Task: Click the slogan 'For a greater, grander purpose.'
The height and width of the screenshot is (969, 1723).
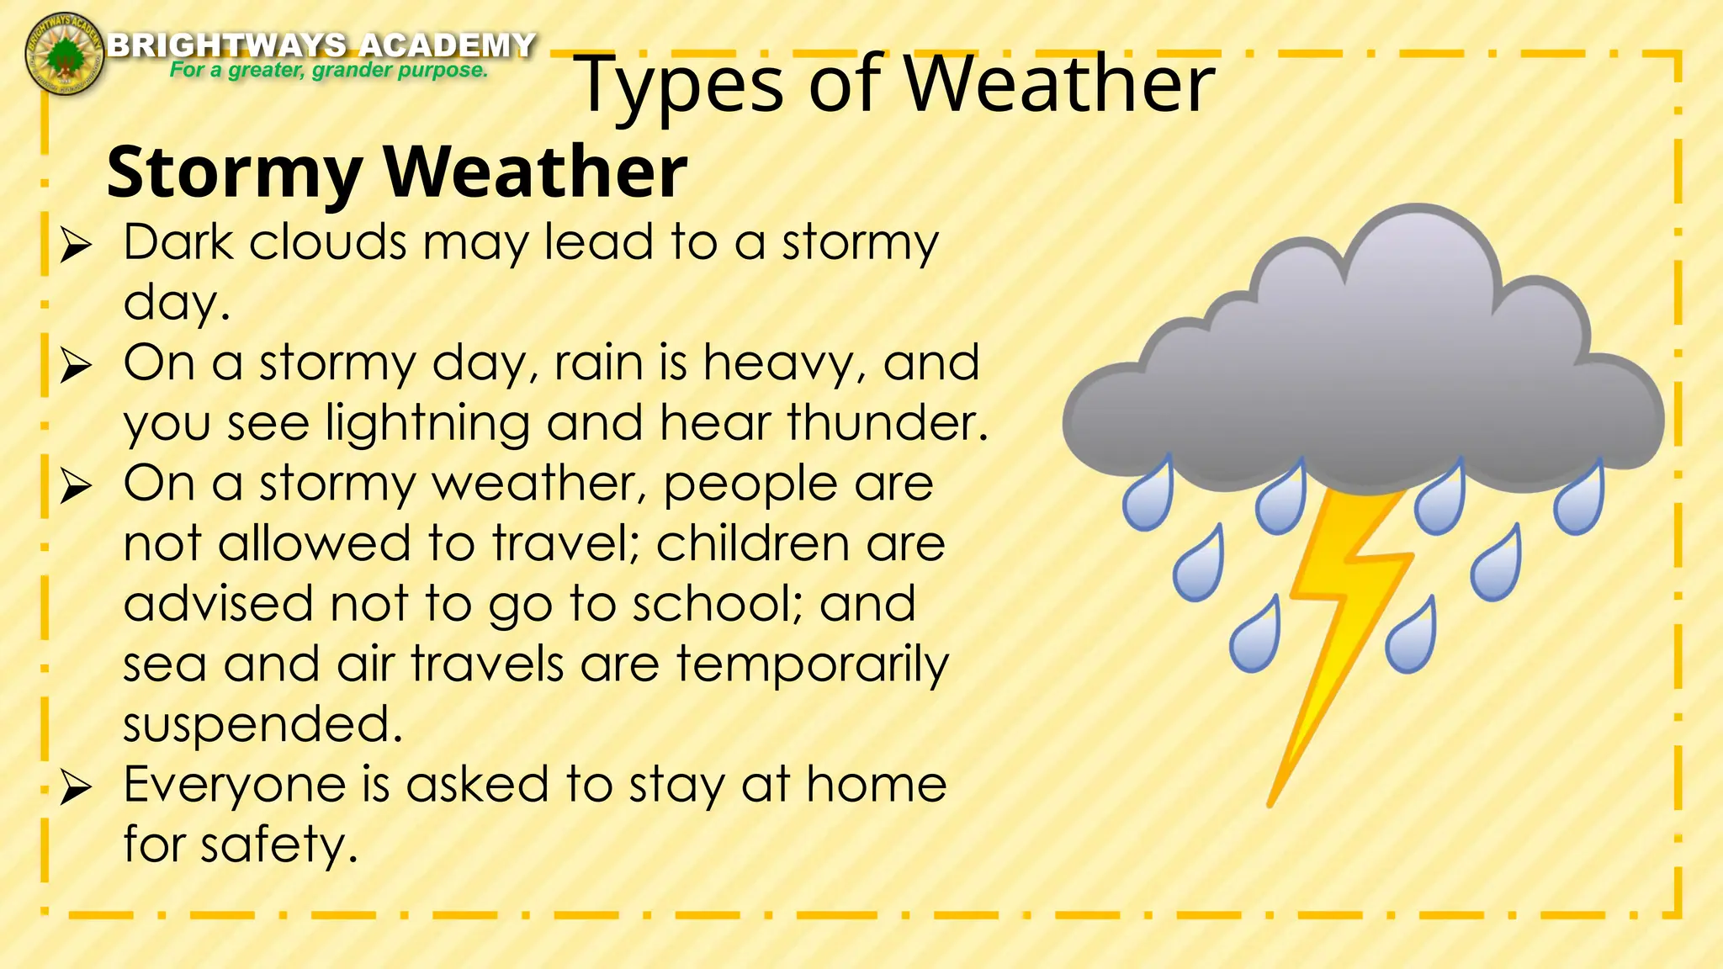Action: [x=328, y=70]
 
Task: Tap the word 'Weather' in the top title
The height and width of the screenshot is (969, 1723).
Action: [x=1058, y=84]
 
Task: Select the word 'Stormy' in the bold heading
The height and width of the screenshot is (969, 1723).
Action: [x=234, y=172]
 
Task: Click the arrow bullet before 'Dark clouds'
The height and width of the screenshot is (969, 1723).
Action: [x=76, y=246]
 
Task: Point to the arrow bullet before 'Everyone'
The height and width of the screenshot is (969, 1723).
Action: [x=76, y=787]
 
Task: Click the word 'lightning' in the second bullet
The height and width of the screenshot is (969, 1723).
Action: [x=427, y=423]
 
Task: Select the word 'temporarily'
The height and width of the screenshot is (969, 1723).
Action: [x=812, y=665]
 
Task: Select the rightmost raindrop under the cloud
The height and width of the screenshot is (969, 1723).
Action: [x=1579, y=503]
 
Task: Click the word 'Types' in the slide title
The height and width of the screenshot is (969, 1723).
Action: [x=681, y=84]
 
